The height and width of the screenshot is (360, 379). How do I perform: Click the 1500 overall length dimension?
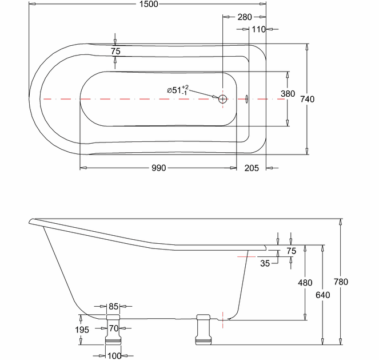[149, 4]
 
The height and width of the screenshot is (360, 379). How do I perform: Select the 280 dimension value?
[245, 17]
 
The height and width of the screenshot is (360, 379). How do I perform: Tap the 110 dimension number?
[258, 29]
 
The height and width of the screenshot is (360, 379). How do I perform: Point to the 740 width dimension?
[307, 99]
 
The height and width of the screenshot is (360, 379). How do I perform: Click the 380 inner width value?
[288, 94]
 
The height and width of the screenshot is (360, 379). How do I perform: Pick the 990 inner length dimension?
[158, 168]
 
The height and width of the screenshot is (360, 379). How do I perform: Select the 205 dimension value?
[252, 168]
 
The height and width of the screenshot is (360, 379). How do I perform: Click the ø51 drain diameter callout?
[178, 90]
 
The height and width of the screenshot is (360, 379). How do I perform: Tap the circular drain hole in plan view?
[222, 99]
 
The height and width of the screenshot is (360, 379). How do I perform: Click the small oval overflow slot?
[246, 99]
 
